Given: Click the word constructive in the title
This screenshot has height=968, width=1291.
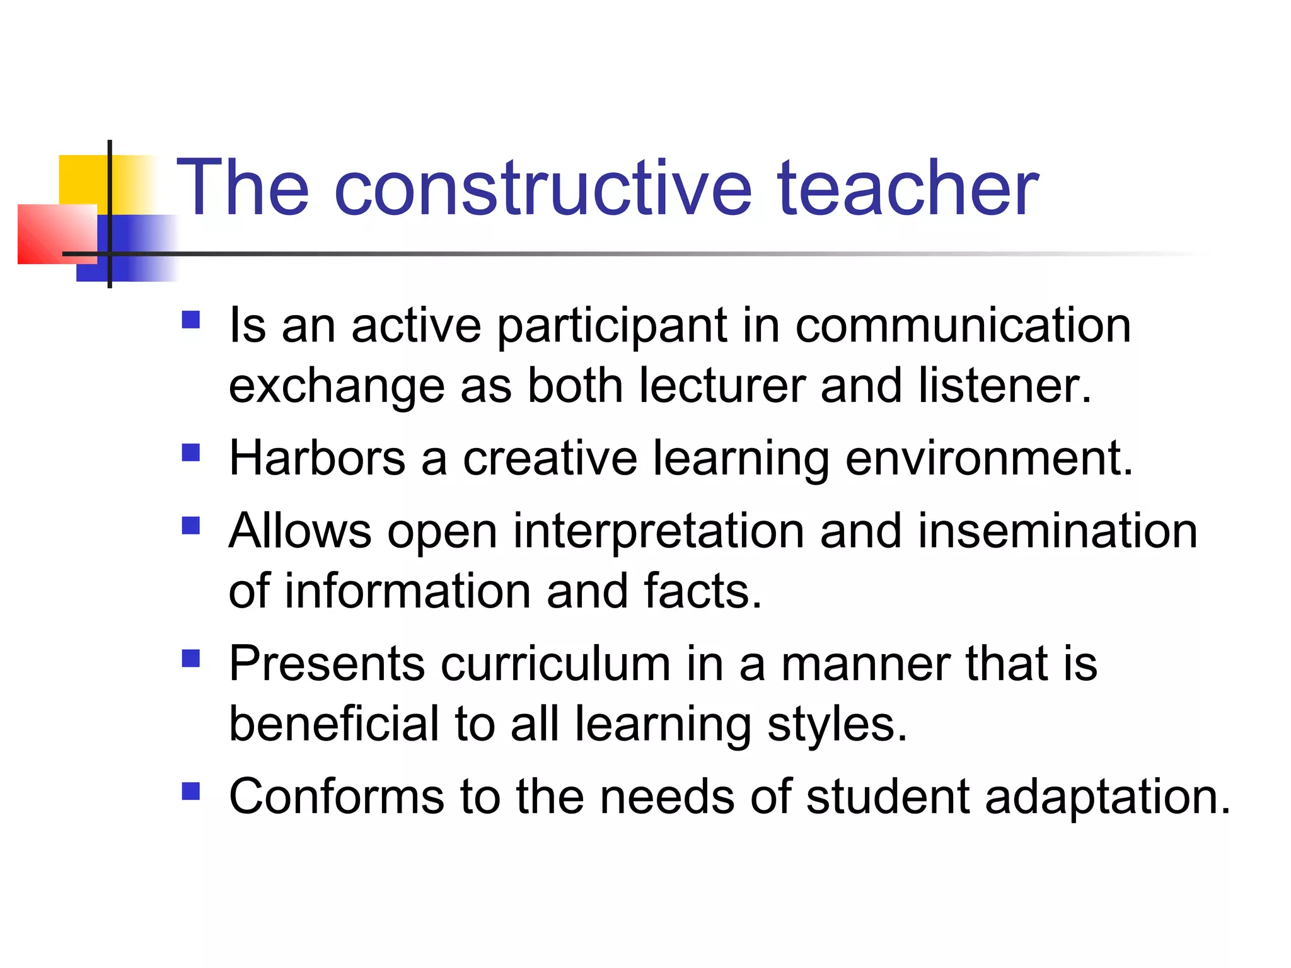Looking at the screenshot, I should [543, 189].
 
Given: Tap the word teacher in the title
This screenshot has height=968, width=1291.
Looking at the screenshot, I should [908, 189].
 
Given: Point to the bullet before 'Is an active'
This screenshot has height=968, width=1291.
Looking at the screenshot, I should [191, 320].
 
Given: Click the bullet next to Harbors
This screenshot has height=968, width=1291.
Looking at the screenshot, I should [191, 453].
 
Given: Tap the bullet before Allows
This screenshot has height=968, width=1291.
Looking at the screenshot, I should [191, 526].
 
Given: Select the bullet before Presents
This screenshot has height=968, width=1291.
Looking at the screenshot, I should [191, 659].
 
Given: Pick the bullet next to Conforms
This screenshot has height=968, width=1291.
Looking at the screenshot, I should [191, 792].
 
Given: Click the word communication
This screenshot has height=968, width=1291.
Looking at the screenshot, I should [963, 326].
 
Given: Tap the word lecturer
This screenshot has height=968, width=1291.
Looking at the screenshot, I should [722, 386].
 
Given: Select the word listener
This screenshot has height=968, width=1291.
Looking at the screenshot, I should [1004, 386].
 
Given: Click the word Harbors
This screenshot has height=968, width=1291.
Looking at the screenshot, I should [317, 458].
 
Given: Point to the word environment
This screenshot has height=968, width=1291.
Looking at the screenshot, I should [988, 458].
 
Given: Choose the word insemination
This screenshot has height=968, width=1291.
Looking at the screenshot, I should [1057, 531].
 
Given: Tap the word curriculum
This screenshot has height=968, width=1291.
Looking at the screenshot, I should [555, 664].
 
